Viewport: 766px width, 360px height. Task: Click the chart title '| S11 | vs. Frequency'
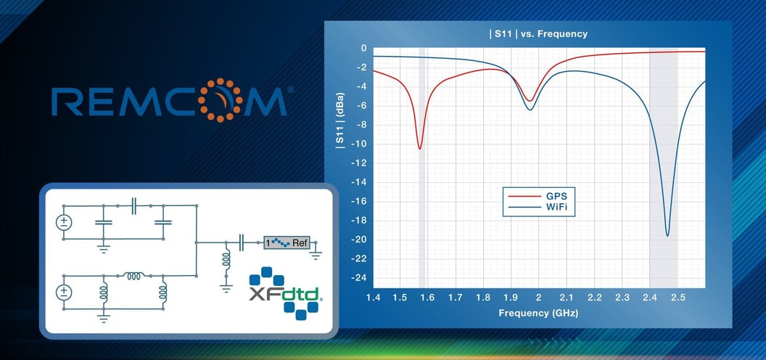[x=538, y=33]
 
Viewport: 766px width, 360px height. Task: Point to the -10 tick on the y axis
[x=358, y=144]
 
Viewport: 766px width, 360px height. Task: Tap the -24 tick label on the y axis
[x=358, y=277]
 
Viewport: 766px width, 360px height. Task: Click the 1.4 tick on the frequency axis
[x=374, y=298]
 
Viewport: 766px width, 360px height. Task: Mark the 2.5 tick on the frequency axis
[x=678, y=298]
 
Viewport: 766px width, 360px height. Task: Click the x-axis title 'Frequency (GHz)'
[x=538, y=314]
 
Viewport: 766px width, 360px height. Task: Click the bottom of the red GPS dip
[x=419, y=149]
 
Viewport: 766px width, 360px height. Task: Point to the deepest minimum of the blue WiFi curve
[x=667, y=235]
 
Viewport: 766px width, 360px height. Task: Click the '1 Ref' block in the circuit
[x=287, y=242]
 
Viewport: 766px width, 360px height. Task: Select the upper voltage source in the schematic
[x=64, y=221]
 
